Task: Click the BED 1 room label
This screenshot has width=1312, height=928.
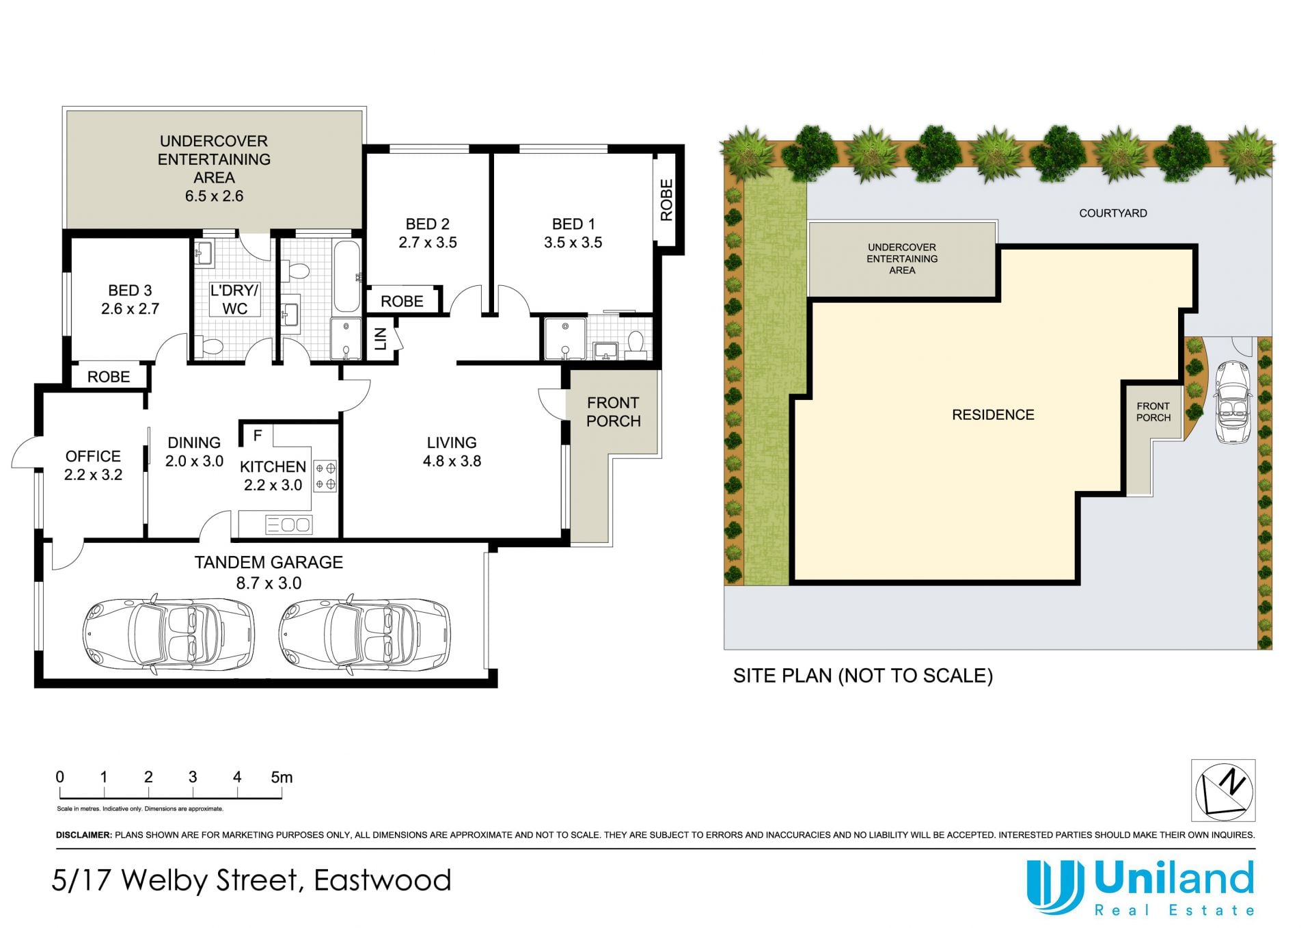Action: click(573, 224)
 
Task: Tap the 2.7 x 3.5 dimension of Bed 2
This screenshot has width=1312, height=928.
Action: click(428, 243)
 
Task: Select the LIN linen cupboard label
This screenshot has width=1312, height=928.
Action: click(381, 339)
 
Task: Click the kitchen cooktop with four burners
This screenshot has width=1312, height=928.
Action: click(325, 477)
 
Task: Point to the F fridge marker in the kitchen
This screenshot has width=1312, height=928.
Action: click(258, 436)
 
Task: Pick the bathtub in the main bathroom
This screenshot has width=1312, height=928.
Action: click(347, 276)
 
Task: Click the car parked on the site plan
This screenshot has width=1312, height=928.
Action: click(1233, 403)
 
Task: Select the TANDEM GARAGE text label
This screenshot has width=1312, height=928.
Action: click(269, 563)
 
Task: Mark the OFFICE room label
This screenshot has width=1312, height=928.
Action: click(93, 457)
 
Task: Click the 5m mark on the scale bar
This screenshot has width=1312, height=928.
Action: click(282, 778)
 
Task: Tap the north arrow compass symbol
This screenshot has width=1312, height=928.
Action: click(1223, 791)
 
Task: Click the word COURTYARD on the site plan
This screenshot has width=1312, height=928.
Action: click(1113, 213)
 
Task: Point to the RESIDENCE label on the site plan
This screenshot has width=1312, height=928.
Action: click(993, 415)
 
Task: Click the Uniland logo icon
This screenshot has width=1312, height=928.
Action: click(1055, 886)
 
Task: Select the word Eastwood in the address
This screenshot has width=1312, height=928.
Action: click(383, 880)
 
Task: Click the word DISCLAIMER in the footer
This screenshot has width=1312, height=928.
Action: click(83, 835)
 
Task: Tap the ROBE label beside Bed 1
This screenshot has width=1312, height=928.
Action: click(666, 200)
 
